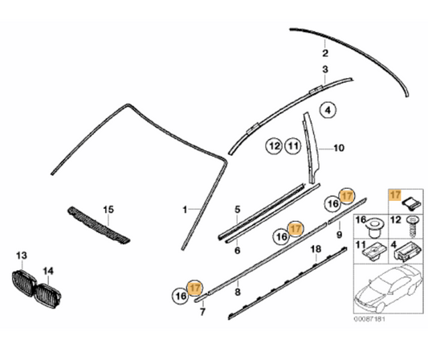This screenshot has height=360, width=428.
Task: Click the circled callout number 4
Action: point(328,110)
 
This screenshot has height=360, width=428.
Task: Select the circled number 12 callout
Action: point(275,146)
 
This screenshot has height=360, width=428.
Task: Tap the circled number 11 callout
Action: point(293,146)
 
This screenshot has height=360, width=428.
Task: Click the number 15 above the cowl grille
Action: point(108,210)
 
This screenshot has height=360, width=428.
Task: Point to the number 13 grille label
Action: point(22,256)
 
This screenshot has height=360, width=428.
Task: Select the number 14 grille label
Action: point(48,271)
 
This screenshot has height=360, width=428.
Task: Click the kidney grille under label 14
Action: point(48,296)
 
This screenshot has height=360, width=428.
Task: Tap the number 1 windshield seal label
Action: point(185,210)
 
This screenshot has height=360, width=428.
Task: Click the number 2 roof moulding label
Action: point(325,53)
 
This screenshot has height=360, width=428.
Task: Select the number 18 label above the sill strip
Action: point(316,249)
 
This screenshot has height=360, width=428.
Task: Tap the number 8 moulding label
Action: point(238,292)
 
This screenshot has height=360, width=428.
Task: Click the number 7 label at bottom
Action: point(202,312)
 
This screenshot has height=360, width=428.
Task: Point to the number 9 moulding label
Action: point(340,235)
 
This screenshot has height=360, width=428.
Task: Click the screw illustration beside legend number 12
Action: point(413,227)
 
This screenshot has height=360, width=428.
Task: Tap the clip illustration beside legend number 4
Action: point(408,252)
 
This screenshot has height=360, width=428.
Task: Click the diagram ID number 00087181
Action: point(369,319)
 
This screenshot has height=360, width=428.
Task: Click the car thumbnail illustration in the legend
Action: point(387,288)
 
